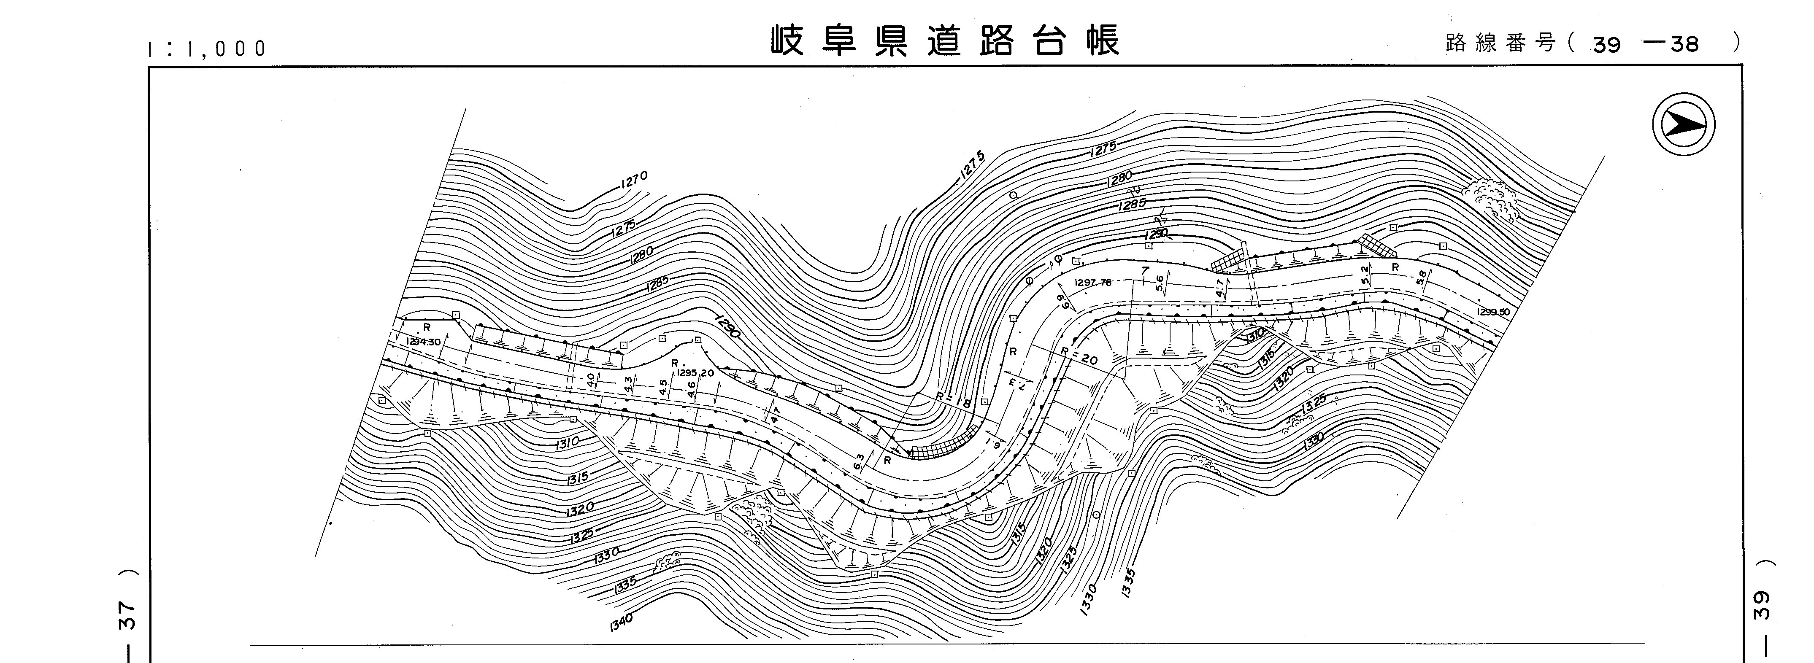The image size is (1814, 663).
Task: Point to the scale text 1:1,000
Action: (x=207, y=49)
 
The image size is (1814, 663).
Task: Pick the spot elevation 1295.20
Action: (x=695, y=373)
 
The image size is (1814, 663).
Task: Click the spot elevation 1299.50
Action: (x=1493, y=312)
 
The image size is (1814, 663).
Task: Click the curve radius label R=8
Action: (x=954, y=400)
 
